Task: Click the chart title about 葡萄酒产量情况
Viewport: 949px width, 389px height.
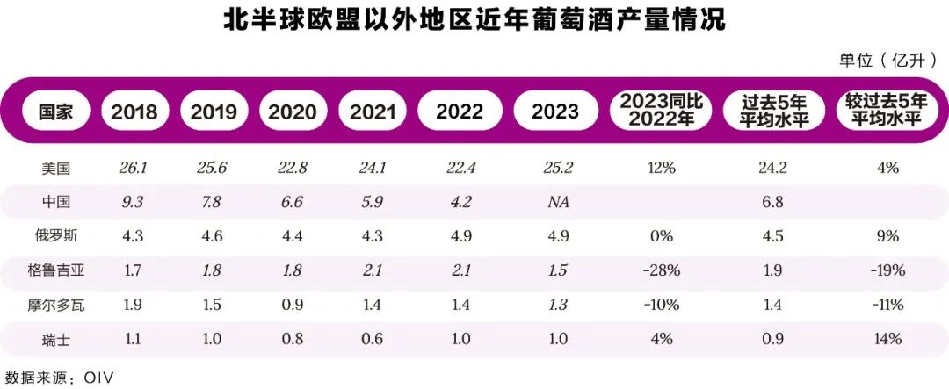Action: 474,20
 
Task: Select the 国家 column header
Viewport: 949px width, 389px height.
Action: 54,112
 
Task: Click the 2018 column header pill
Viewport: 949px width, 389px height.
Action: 135,112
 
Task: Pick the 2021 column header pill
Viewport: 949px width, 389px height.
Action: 372,112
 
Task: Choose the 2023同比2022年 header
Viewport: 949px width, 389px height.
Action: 659,111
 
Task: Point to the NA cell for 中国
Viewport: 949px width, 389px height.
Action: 555,202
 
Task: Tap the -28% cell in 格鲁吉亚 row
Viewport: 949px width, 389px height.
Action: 658,270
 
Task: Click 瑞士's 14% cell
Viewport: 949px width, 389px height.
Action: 882,339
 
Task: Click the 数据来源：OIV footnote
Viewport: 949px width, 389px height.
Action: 60,377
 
